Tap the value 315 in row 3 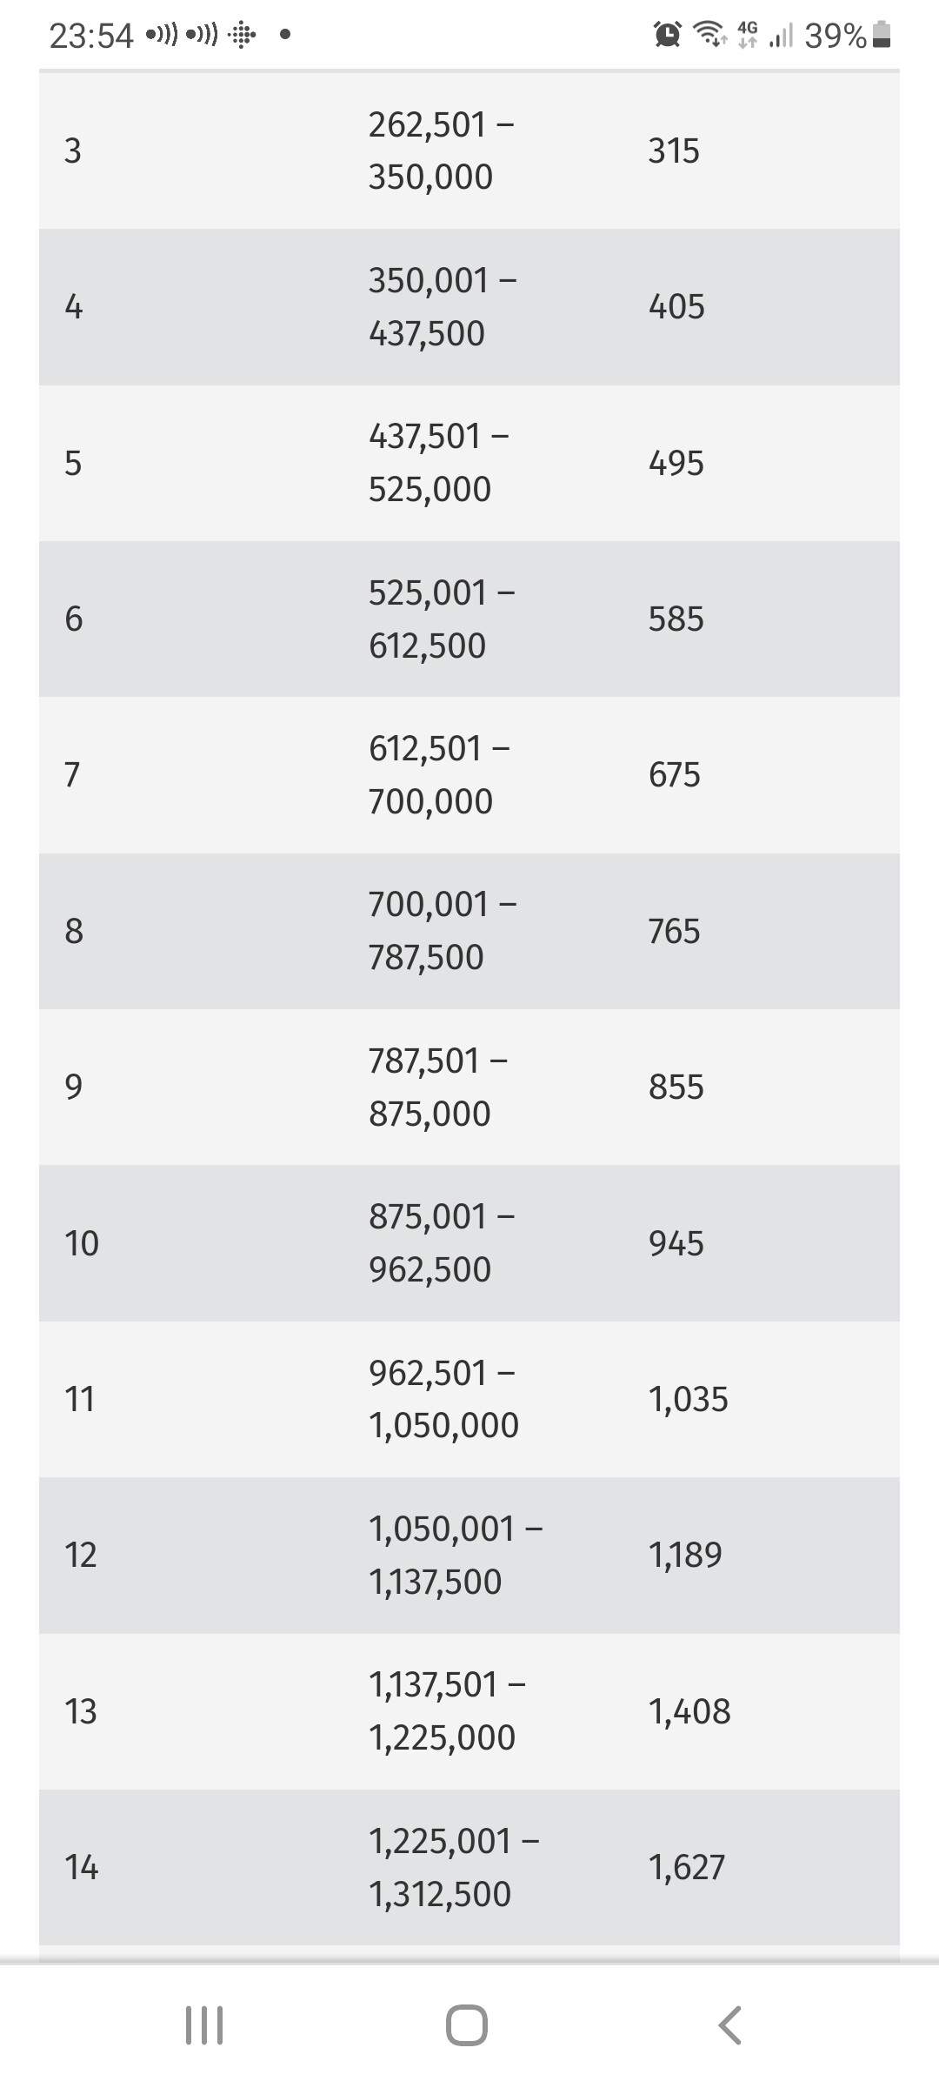(673, 151)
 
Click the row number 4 (74, 306)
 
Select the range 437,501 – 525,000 (438, 462)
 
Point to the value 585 (676, 619)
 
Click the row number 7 (73, 774)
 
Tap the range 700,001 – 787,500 (442, 930)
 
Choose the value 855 (676, 1087)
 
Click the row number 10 (82, 1242)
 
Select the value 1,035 (688, 1399)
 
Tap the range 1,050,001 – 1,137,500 (455, 1555)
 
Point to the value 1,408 (689, 1711)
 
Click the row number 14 (82, 1867)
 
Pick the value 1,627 (686, 1867)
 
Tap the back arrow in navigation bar (730, 2025)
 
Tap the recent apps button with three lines (205, 2025)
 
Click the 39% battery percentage (835, 36)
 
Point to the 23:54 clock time (91, 36)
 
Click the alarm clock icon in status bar (667, 35)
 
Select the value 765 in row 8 (674, 931)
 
